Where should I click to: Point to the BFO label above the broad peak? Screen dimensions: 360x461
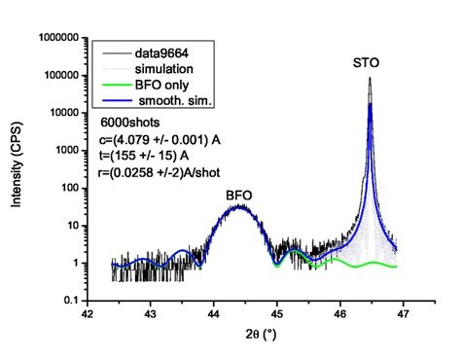click(x=239, y=196)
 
